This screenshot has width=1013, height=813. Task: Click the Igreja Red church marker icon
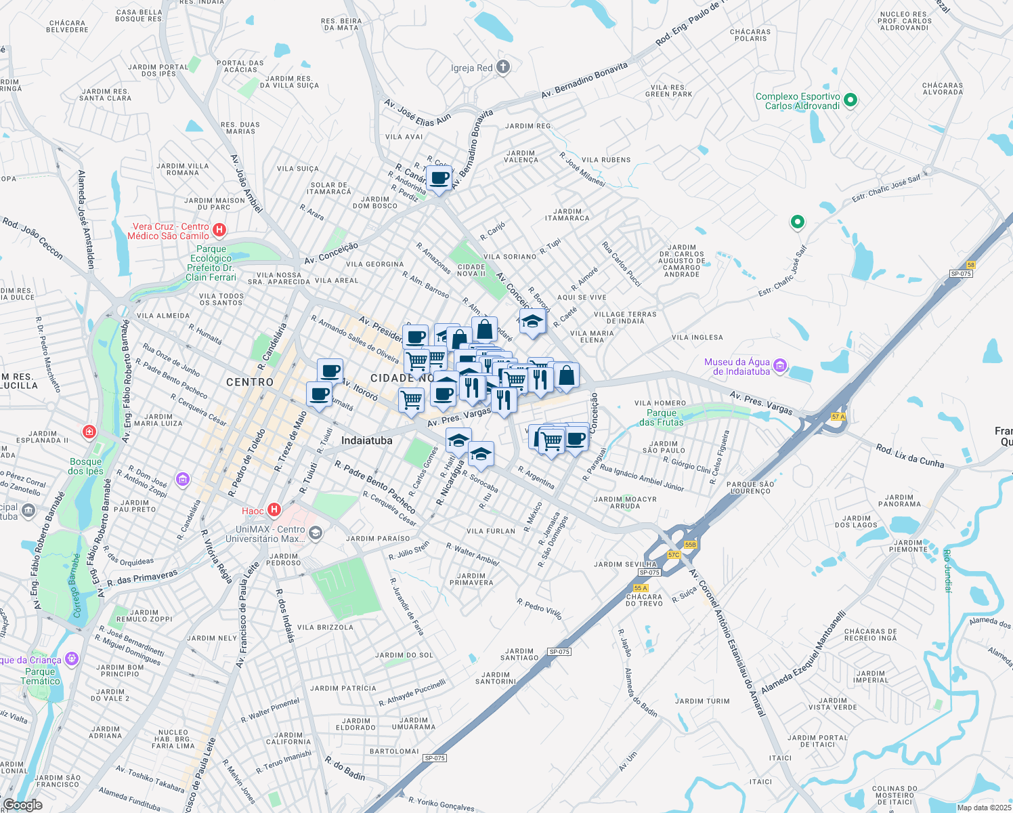(502, 66)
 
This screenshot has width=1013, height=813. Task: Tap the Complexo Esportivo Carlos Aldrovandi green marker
(851, 101)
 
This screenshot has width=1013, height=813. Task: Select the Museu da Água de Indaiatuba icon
(779, 367)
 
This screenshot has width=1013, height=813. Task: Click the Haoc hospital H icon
(274, 509)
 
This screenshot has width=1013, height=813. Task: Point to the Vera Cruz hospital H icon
(219, 230)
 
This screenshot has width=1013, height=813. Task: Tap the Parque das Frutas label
(661, 417)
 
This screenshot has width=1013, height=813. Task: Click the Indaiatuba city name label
(366, 440)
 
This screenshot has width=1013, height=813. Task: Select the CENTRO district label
(250, 382)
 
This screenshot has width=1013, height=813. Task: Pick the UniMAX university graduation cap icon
(315, 534)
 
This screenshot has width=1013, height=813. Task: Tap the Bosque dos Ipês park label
(86, 466)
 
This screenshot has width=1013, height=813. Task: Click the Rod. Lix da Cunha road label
(909, 456)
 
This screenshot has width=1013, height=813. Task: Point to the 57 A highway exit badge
(838, 417)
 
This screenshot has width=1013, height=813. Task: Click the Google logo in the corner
(22, 804)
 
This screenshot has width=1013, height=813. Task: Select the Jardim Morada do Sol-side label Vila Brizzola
(325, 627)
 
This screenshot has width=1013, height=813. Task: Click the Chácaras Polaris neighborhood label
(750, 35)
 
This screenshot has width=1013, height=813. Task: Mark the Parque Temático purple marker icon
(72, 659)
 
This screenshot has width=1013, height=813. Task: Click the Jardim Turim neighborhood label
(702, 701)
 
